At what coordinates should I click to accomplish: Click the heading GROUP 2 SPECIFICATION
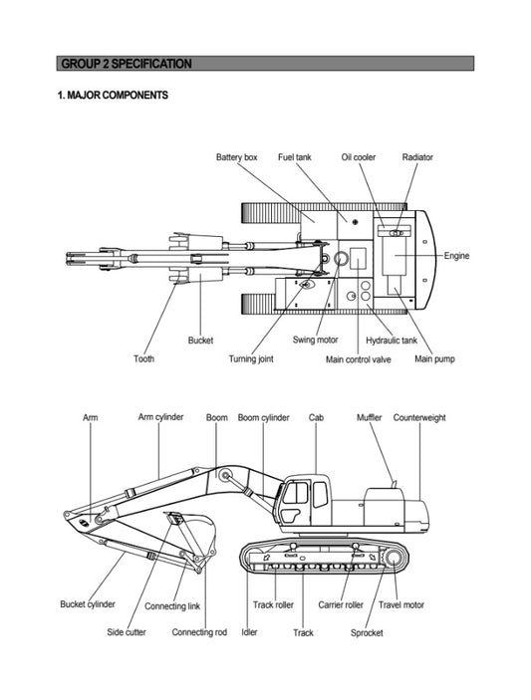127,64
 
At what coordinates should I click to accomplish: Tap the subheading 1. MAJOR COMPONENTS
113,95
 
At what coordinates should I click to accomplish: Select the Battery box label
237,157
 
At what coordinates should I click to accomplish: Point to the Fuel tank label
294,157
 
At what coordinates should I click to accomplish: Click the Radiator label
417,157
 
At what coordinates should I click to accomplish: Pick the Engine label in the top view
456,256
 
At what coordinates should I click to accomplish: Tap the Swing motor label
315,340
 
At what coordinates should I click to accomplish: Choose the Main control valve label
359,359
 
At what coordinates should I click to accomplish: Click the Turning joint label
251,358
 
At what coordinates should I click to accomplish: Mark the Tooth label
143,358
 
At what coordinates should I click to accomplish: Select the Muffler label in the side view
369,418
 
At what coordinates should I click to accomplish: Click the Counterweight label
419,418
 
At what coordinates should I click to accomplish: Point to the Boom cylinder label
263,418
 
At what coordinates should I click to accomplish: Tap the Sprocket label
367,632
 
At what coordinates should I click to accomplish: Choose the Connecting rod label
199,632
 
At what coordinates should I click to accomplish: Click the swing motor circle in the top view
342,259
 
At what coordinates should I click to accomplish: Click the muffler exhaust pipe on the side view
394,483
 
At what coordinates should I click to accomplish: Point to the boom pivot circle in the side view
225,476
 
